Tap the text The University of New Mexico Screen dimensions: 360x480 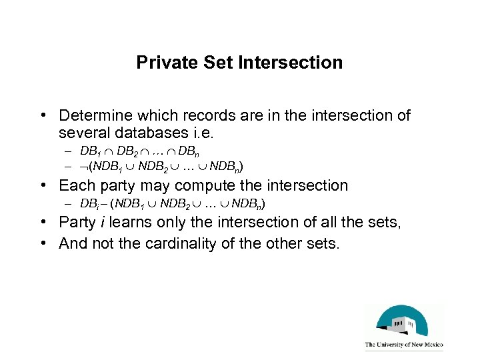click(403, 345)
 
